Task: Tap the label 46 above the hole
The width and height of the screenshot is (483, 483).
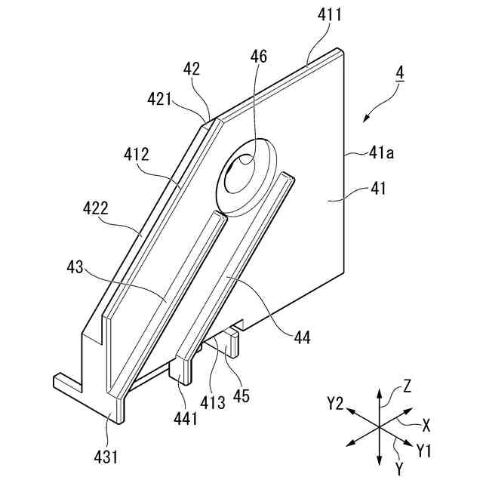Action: (258, 57)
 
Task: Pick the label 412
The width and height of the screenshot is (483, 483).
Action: (137, 155)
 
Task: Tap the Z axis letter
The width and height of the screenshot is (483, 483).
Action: (408, 387)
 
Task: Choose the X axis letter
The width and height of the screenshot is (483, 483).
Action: (427, 425)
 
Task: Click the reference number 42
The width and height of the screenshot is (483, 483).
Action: (192, 69)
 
